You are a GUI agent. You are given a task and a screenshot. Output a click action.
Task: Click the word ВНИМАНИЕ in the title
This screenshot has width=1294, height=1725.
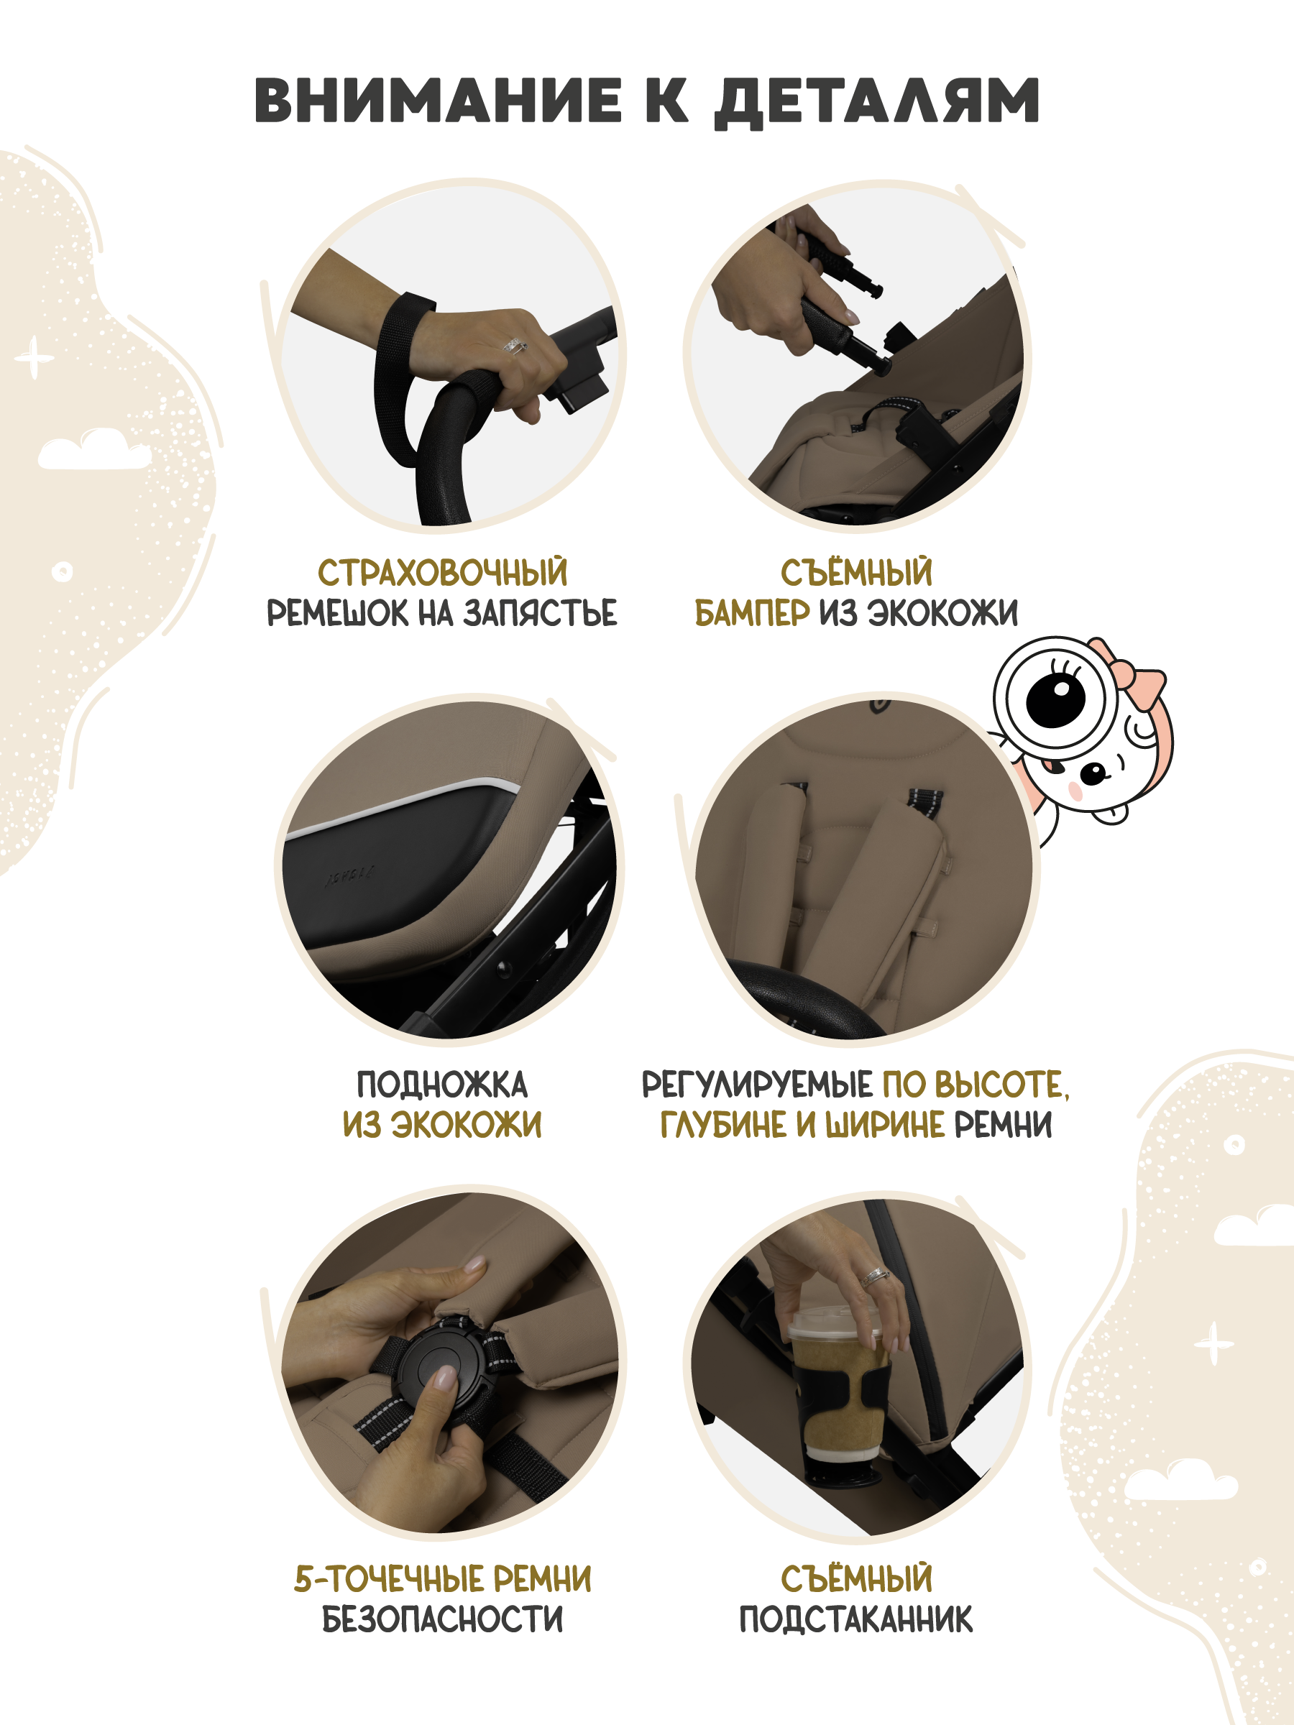pyautogui.click(x=439, y=101)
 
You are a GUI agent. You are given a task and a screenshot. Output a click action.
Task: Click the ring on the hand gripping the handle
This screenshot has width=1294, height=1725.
pyautogui.click(x=515, y=344)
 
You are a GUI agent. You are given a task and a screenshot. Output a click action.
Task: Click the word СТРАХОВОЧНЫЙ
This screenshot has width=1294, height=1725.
pyautogui.click(x=442, y=572)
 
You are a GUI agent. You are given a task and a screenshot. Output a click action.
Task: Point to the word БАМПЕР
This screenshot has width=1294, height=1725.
pyautogui.click(x=752, y=613)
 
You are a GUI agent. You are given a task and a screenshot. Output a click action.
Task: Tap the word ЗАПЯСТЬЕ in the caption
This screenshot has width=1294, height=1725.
pyautogui.click(x=540, y=613)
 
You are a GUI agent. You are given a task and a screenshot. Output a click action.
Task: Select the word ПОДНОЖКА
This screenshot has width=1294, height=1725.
pyautogui.click(x=442, y=1085)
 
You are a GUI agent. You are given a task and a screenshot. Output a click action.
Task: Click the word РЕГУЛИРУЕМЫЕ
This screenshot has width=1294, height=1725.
pyautogui.click(x=756, y=1085)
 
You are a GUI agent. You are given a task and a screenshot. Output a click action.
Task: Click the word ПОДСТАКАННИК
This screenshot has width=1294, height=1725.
pyautogui.click(x=855, y=1620)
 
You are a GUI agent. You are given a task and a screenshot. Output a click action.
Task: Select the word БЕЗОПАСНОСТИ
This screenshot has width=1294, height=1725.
pyautogui.click(x=442, y=1620)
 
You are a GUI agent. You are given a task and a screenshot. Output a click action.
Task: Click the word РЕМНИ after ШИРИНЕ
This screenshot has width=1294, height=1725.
pyautogui.click(x=1003, y=1125)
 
